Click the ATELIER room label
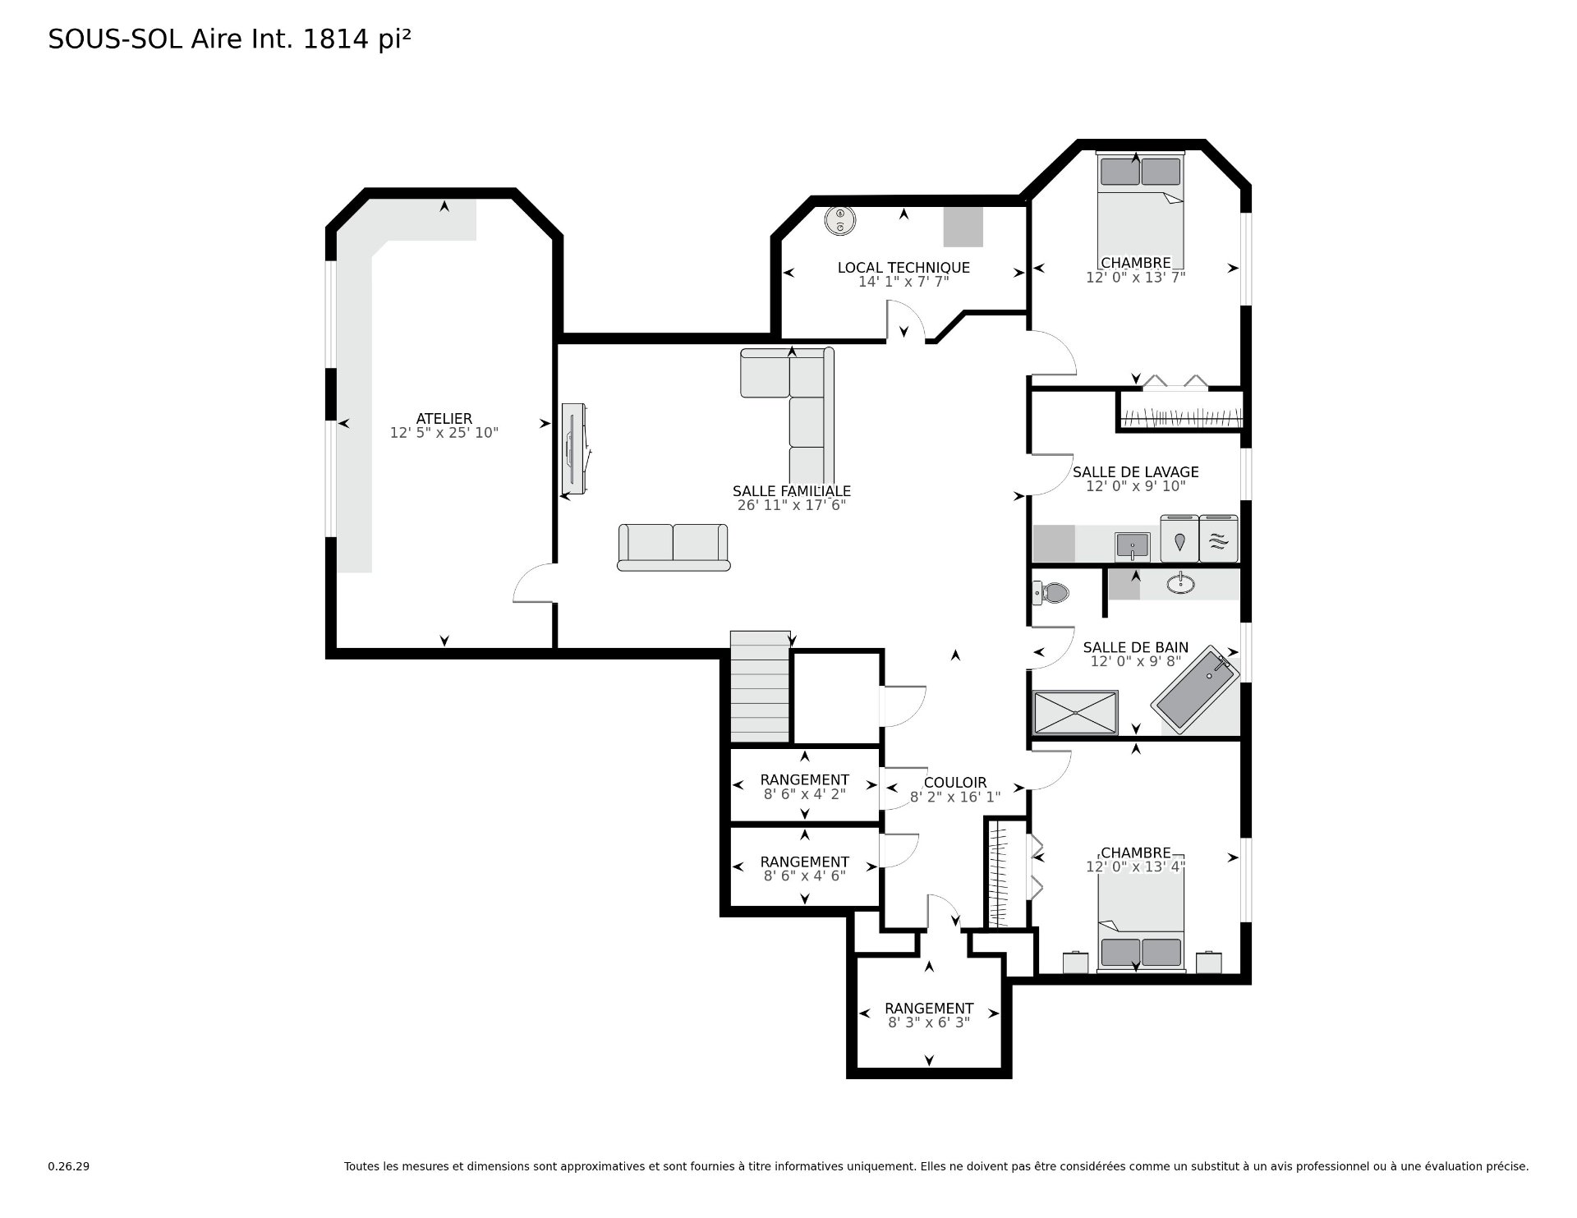point(444,419)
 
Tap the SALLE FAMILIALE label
point(792,491)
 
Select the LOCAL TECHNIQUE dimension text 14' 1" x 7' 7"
point(903,282)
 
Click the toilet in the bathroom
point(1050,592)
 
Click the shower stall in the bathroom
point(1075,712)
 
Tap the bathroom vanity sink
point(1179,583)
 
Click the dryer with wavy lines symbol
point(1219,539)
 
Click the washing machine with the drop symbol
point(1179,539)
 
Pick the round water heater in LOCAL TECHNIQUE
point(840,220)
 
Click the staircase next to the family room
point(760,687)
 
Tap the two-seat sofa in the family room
point(674,547)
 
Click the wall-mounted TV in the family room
point(573,448)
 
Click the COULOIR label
point(955,783)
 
